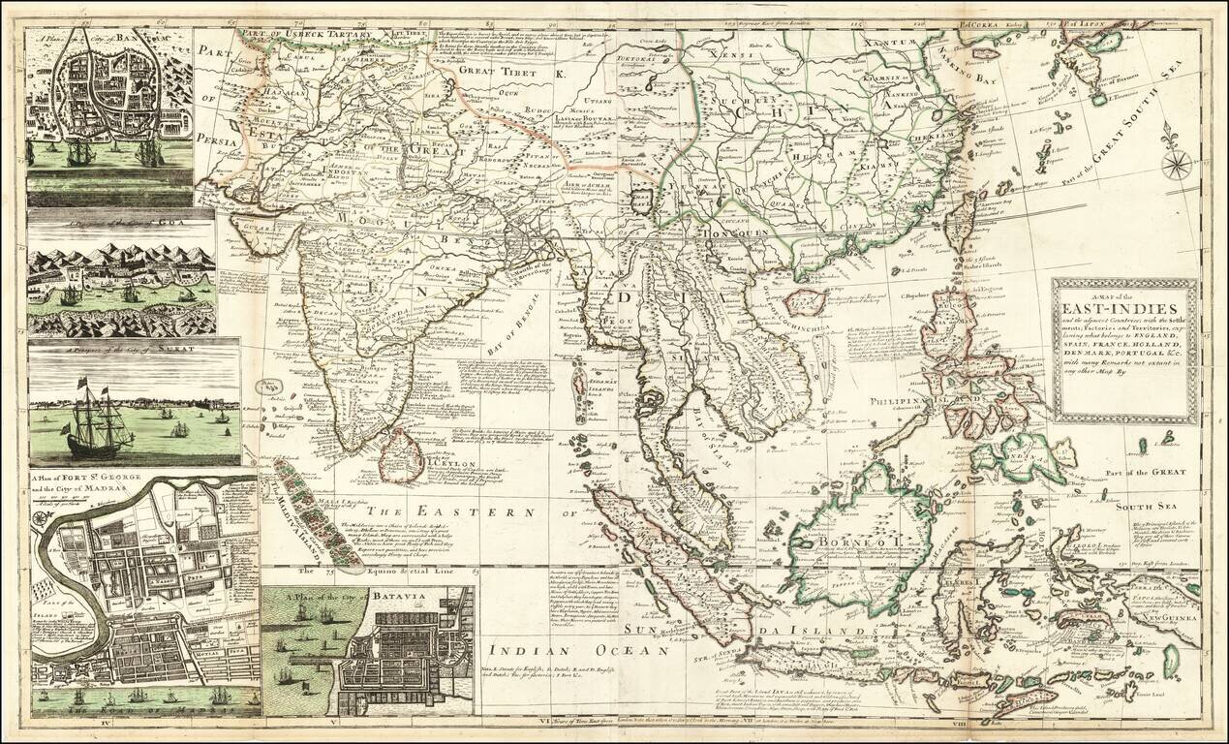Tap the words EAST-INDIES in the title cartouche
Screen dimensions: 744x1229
(1123, 308)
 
